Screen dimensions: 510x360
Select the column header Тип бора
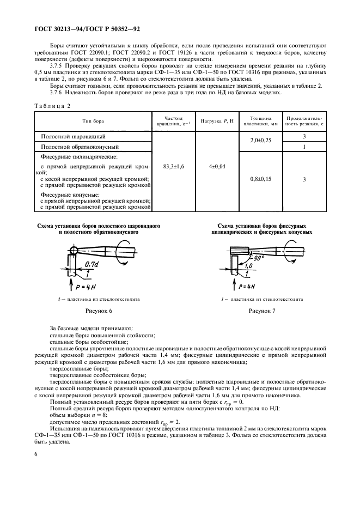click(x=94, y=121)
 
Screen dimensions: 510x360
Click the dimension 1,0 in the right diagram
click(x=248, y=265)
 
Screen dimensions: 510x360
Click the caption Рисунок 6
click(x=99, y=311)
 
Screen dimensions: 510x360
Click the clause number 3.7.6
click(x=59, y=92)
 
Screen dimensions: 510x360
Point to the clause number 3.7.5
click(x=59, y=65)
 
